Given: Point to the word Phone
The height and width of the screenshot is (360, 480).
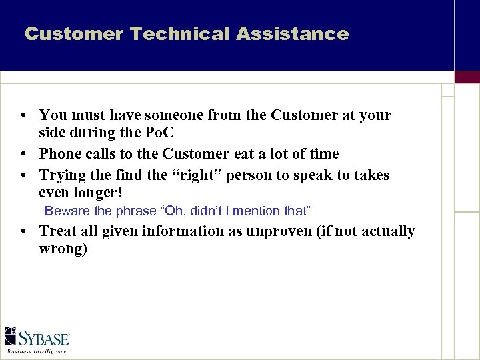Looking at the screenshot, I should (x=60, y=154).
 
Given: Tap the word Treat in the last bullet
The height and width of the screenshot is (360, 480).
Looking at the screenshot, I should (x=57, y=231).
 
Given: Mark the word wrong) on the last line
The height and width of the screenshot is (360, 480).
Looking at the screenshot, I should (x=63, y=249).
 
